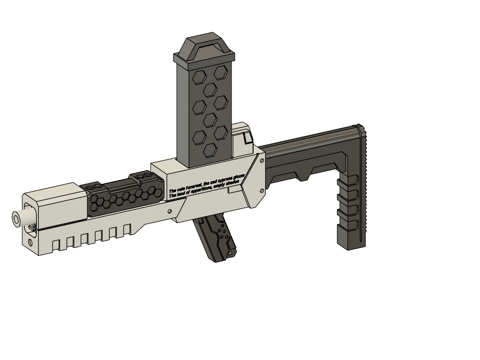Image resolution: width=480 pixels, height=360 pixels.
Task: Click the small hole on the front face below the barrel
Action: point(30,243)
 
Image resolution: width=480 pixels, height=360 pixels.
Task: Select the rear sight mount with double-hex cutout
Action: point(143,175)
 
